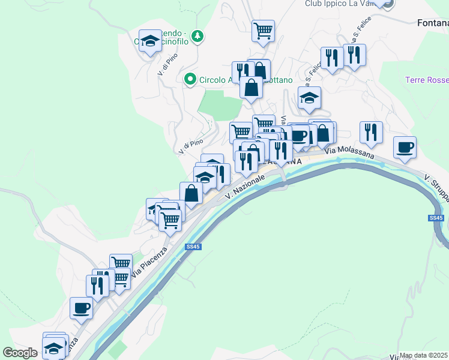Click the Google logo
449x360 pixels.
[x=20, y=352]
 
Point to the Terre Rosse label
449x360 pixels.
[x=427, y=80]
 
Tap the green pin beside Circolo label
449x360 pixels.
[x=190, y=79]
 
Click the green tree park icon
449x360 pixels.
[x=198, y=38]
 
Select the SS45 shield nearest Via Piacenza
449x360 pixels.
[x=193, y=247]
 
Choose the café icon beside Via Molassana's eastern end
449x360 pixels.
[x=405, y=147]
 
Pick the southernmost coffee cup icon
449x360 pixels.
[x=80, y=308]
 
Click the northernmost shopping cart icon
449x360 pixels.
[x=263, y=30]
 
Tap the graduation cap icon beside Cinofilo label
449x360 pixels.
[x=149, y=41]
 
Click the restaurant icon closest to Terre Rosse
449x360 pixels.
[x=371, y=132]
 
